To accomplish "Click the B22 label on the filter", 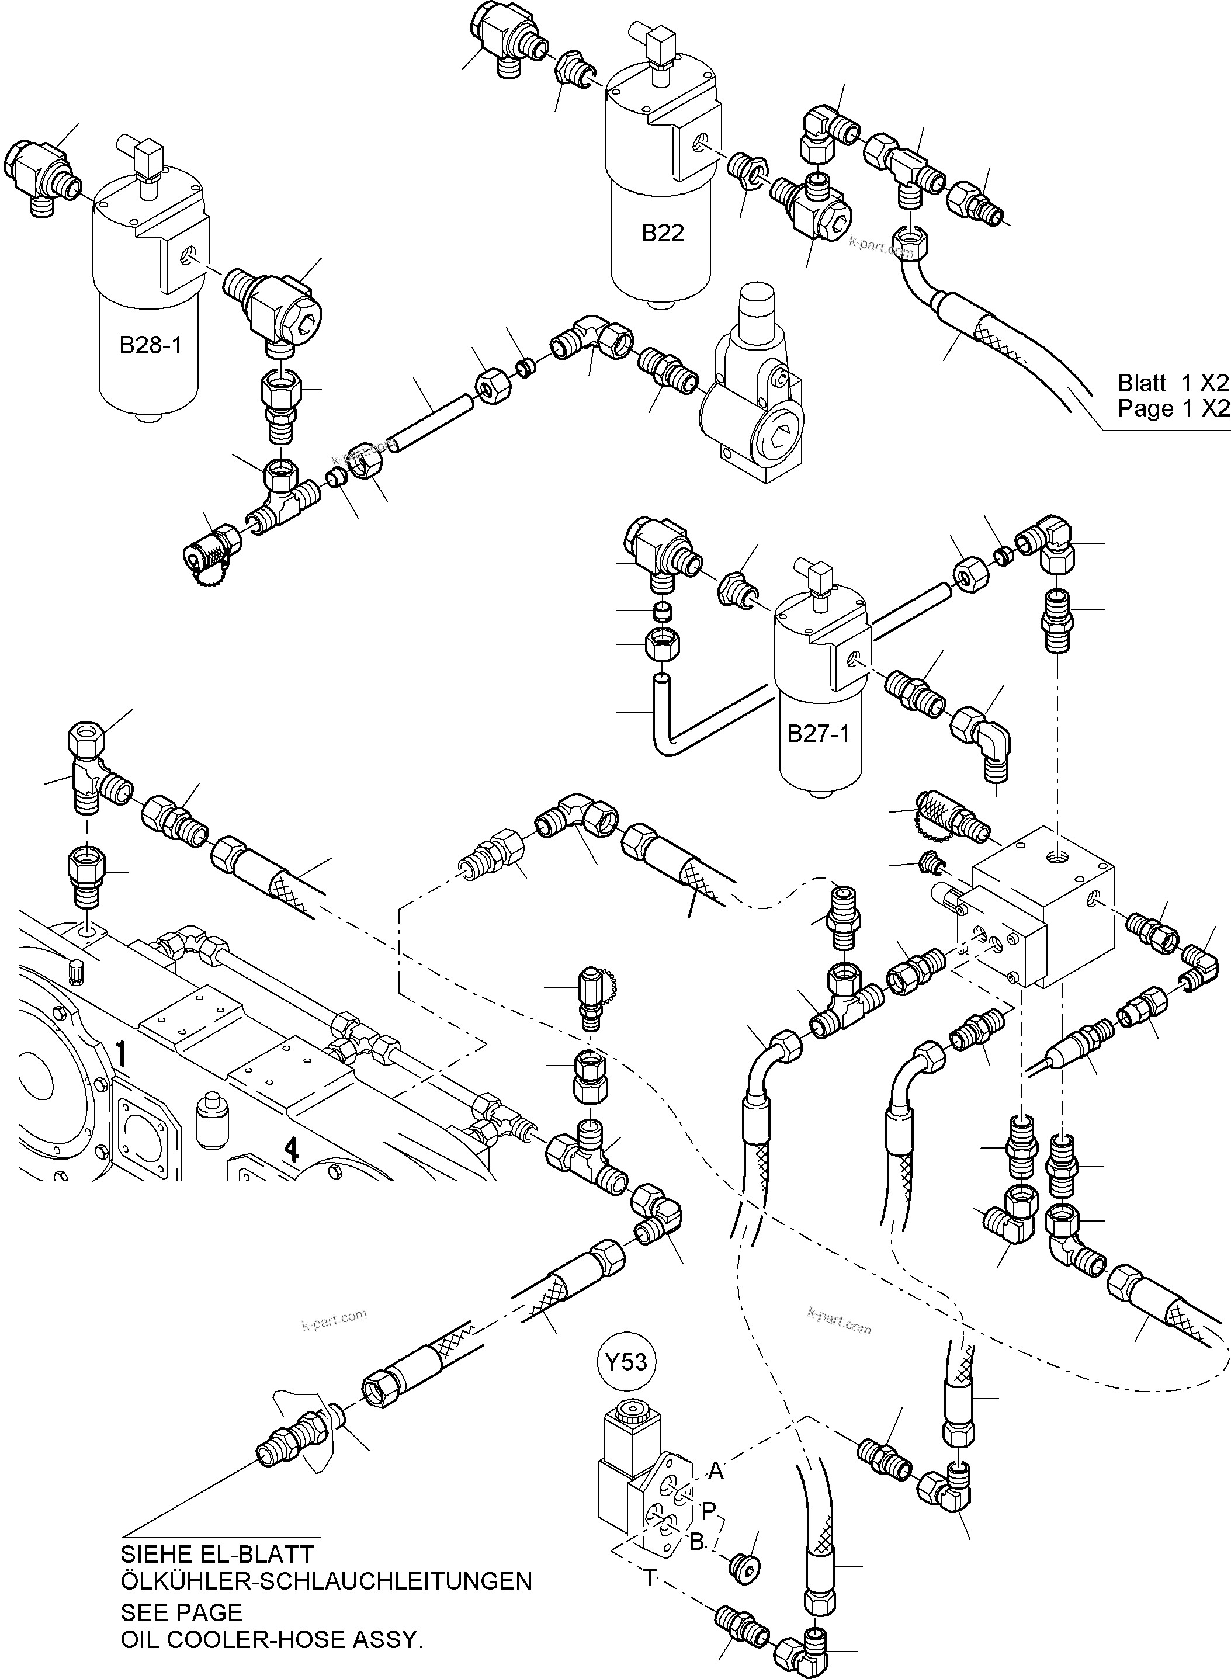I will [662, 233].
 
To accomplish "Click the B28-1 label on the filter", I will [151, 346].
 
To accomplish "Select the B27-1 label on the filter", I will [817, 734].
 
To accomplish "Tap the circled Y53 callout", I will [626, 1362].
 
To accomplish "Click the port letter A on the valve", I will [715, 1470].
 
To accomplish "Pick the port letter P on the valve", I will [708, 1511].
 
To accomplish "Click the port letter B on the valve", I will [696, 1542].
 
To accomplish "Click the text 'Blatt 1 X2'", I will [1172, 383].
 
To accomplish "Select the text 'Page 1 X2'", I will [1172, 408].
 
